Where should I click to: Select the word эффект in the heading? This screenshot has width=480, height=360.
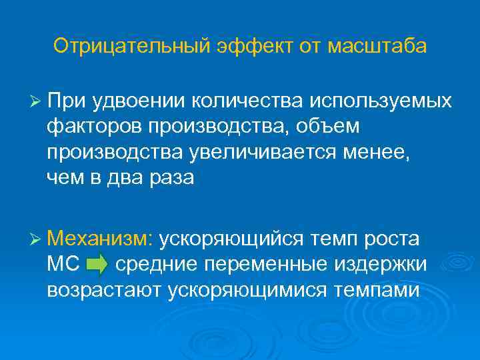pos(241,47)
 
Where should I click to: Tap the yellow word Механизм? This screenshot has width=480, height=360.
pos(101,239)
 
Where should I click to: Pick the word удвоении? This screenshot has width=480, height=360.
pos(139,101)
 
